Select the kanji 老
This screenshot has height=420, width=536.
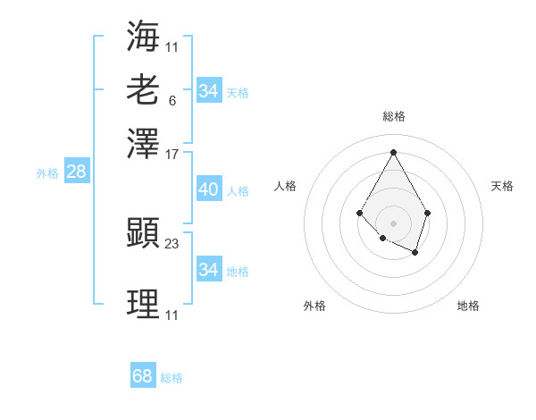click(143, 89)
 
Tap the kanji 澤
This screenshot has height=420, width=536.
click(143, 143)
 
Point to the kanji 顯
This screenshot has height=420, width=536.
click(143, 233)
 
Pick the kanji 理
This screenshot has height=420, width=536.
click(143, 305)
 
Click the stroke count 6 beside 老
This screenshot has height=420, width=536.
click(172, 101)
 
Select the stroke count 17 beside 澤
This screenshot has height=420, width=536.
click(172, 154)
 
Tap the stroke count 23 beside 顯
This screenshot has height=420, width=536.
click(172, 243)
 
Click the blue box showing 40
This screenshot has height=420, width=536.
click(208, 189)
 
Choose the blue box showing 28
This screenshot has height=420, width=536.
click(76, 172)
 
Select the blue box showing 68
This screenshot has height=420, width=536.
click(142, 376)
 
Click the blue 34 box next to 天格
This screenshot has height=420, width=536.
click(208, 91)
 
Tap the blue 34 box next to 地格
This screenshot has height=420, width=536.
click(208, 270)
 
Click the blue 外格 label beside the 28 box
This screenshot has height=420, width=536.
click(47, 173)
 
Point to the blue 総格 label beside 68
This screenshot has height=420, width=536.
click(172, 378)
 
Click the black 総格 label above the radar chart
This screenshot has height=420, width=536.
click(393, 116)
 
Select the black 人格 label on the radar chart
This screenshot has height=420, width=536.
click(286, 186)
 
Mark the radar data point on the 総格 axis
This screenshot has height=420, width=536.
click(393, 152)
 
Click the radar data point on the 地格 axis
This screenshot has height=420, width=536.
click(415, 253)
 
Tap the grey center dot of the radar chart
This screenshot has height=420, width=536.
click(393, 223)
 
